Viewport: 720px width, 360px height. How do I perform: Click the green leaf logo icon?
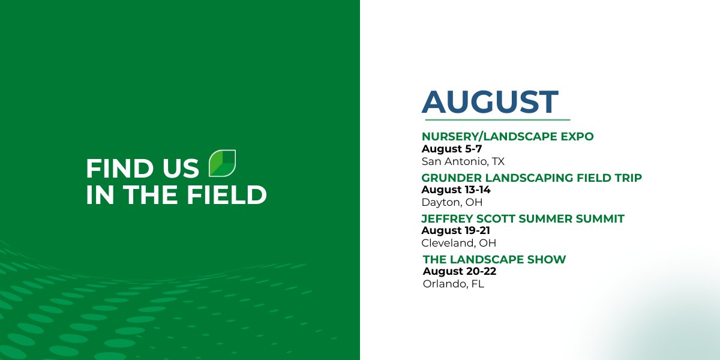click(x=222, y=163)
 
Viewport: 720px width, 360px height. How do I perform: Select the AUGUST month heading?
click(x=490, y=102)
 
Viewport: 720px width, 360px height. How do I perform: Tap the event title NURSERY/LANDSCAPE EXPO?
click(x=507, y=137)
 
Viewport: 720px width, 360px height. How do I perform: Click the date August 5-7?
click(x=451, y=149)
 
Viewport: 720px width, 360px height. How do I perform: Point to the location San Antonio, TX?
click(x=462, y=161)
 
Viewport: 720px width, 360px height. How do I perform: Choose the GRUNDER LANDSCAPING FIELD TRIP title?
click(x=531, y=178)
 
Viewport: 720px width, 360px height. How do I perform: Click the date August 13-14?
click(x=456, y=190)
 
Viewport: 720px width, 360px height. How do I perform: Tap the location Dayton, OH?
click(x=452, y=202)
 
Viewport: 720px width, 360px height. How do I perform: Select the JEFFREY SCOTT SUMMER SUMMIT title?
click(x=523, y=219)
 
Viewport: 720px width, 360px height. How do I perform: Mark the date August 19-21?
click(x=456, y=230)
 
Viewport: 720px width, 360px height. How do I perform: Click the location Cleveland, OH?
click(x=458, y=243)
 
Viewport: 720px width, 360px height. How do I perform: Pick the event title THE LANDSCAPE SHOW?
click(x=494, y=260)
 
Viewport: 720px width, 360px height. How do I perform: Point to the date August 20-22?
click(x=459, y=271)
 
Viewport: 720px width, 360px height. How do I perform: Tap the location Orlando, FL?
click(x=453, y=284)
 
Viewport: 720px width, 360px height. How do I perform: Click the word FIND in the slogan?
click(x=116, y=169)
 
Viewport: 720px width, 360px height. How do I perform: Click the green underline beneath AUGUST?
click(x=496, y=120)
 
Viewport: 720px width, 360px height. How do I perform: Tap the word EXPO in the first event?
click(x=577, y=137)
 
